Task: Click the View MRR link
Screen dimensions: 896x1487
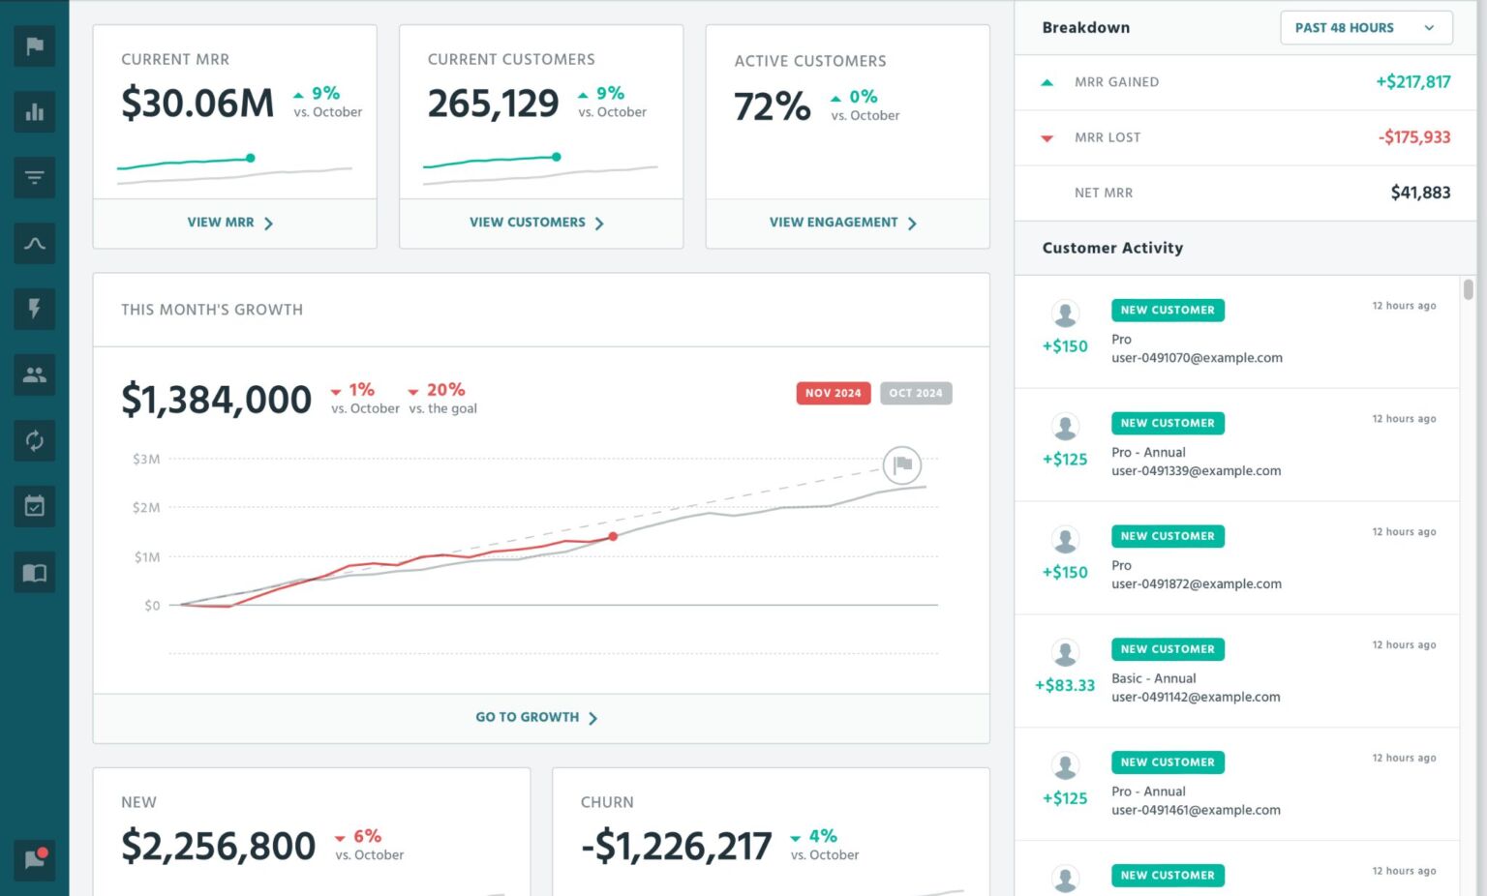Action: pos(229,223)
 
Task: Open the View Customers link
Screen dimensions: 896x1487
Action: pos(536,223)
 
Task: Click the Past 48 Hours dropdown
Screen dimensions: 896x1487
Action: pos(1365,28)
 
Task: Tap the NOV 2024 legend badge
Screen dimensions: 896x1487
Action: pos(833,393)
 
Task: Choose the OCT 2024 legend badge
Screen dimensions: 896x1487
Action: pos(915,393)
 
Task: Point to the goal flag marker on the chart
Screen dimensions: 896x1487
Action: pos(902,465)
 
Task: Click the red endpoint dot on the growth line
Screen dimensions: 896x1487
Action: pos(613,536)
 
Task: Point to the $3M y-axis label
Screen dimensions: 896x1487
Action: pos(146,459)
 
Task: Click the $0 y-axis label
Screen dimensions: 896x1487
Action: pos(152,606)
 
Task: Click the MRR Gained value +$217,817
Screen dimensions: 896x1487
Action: pos(1412,82)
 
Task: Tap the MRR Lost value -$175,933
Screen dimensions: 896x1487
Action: pos(1413,137)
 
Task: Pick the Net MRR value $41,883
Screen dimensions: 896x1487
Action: pos(1420,193)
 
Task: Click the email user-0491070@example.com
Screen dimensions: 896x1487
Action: pos(1197,358)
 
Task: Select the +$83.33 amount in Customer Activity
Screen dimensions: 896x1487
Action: pos(1065,685)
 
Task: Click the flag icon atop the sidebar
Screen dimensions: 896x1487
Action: pos(35,46)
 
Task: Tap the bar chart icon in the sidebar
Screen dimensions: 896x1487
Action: pos(35,112)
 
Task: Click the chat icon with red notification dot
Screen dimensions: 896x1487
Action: pos(35,859)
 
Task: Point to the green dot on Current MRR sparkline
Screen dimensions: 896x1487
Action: pos(251,158)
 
